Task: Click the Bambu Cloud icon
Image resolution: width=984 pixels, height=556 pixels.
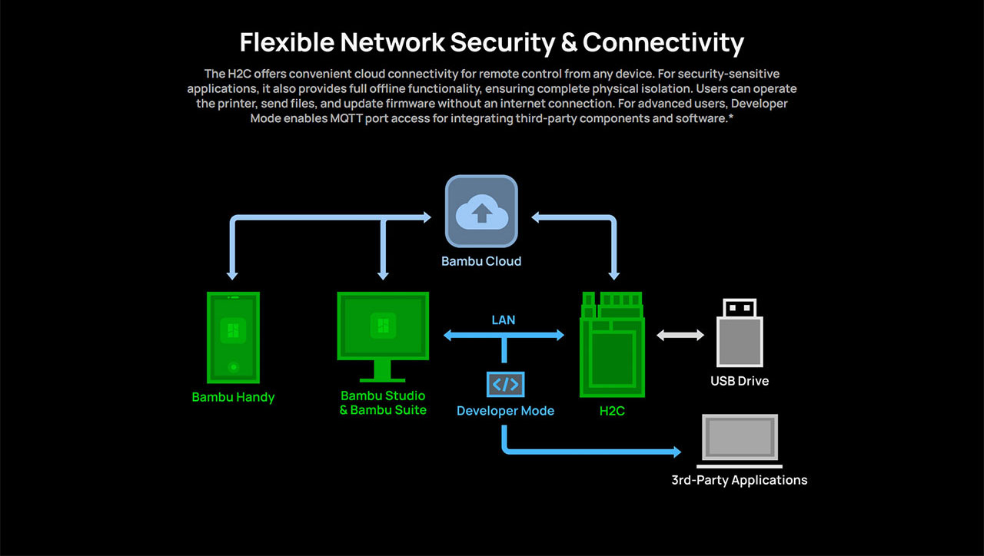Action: point(481,211)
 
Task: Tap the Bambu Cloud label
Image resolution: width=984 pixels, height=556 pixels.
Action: point(481,261)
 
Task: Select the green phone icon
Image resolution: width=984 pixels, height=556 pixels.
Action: point(233,337)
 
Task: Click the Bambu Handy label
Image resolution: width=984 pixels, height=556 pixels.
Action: point(233,397)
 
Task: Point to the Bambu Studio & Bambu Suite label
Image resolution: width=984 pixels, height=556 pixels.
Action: point(383,402)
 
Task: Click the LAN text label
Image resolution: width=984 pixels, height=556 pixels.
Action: point(504,319)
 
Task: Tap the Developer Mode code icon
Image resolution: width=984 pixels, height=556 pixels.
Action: point(505,384)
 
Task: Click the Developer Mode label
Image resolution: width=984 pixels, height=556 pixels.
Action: point(505,411)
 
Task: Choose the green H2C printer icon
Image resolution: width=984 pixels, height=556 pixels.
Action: point(613,343)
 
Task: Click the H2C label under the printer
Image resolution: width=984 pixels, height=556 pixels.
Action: point(613,411)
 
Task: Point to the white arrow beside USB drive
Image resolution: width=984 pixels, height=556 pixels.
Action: point(680,335)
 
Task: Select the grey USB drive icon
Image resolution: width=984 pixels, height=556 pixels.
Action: point(740,333)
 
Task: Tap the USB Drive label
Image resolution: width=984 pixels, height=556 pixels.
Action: point(740,381)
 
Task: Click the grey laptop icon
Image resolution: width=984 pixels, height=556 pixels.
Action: point(740,441)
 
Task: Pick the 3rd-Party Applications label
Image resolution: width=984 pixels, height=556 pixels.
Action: point(740,480)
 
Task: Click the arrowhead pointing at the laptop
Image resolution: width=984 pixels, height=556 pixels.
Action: point(676,452)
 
